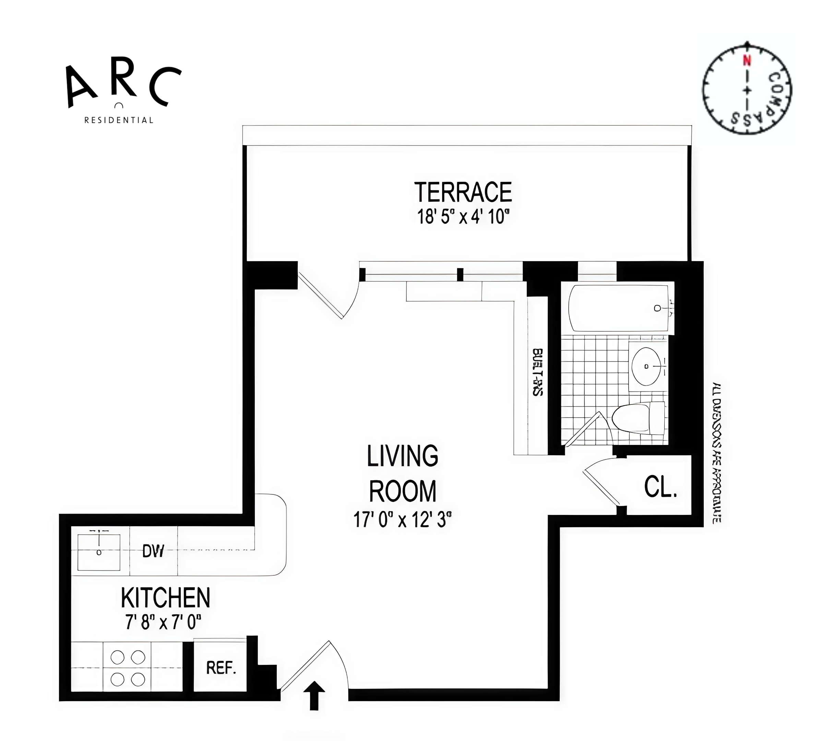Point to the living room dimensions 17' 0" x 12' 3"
click(403, 520)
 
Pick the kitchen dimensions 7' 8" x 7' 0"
click(163, 622)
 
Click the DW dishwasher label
click(153, 551)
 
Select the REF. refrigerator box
click(220, 668)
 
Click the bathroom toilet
click(638, 418)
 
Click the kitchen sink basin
click(99, 552)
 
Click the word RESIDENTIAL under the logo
click(118, 120)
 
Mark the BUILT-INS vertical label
click(537, 372)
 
